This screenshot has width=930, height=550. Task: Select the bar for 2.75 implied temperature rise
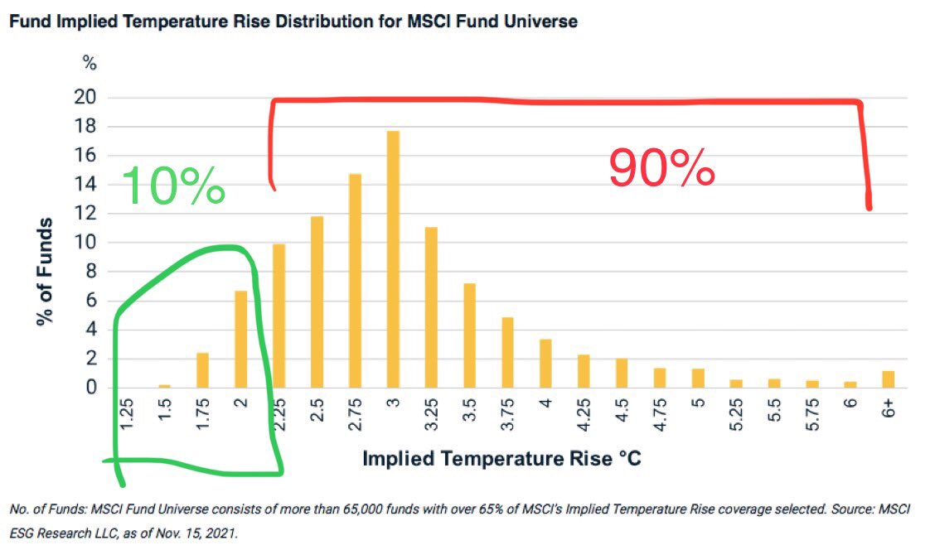(x=355, y=281)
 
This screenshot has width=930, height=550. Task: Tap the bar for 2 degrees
(x=240, y=339)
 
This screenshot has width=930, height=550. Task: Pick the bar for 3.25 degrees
(x=431, y=307)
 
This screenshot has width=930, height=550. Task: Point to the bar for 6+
(x=889, y=379)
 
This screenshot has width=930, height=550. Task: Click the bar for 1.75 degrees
(x=202, y=369)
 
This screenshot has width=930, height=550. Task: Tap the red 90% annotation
(x=661, y=168)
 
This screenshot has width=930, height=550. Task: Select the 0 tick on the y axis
(x=92, y=388)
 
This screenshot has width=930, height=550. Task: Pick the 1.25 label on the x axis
(x=127, y=413)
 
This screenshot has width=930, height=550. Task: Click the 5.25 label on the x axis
(x=735, y=413)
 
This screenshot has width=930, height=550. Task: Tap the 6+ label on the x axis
(x=889, y=409)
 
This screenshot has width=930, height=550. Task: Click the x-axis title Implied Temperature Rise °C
(x=501, y=458)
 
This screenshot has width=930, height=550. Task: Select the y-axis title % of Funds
(x=46, y=272)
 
